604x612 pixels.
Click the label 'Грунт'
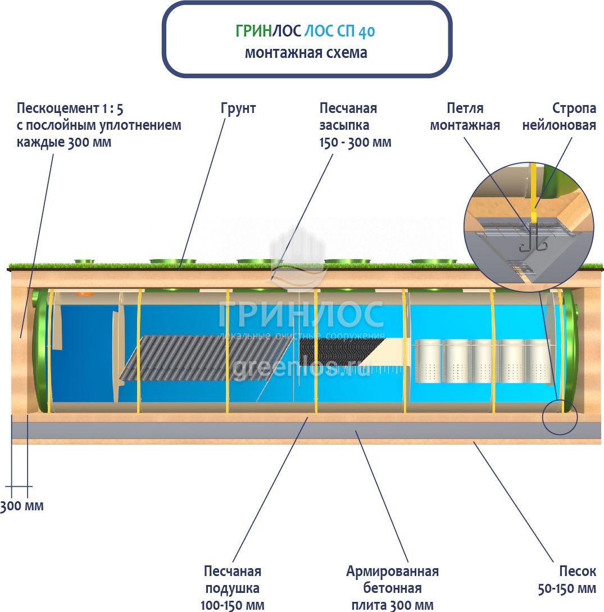[238, 108]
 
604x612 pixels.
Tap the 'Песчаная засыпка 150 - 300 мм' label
[355, 125]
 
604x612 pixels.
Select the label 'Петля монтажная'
[465, 116]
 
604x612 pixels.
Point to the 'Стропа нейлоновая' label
[558, 116]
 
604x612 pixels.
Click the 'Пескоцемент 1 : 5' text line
[70, 108]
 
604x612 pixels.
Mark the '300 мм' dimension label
[22, 506]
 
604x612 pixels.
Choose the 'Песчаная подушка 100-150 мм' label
[232, 588]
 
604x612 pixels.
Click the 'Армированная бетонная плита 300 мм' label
[392, 588]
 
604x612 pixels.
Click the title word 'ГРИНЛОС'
[268, 31]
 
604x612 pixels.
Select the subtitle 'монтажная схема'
[306, 53]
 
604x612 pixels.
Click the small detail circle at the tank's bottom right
[560, 416]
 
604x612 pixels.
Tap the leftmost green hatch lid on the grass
[85, 261]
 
